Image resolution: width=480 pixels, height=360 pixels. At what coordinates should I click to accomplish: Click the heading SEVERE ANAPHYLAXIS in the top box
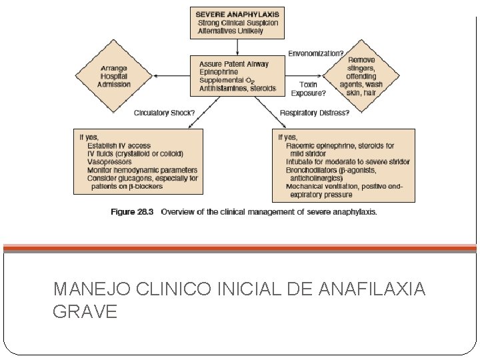tap(237, 13)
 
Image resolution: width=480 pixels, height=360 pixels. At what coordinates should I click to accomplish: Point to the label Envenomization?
tap(316, 53)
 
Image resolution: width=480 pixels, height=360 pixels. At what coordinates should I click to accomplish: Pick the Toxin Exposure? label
tap(308, 89)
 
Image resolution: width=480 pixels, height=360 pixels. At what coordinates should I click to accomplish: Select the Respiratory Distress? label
tap(314, 113)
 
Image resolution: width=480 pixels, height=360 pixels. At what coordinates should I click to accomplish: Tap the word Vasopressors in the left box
tap(109, 162)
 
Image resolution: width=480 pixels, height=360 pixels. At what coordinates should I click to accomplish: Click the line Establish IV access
tap(119, 145)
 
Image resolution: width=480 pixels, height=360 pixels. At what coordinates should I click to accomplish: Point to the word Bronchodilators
tap(314, 170)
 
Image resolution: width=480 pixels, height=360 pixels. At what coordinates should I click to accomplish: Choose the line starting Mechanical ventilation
tap(344, 187)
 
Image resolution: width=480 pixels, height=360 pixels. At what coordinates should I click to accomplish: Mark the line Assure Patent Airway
tap(234, 64)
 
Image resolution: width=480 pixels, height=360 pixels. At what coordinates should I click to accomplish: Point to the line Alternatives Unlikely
tap(231, 31)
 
